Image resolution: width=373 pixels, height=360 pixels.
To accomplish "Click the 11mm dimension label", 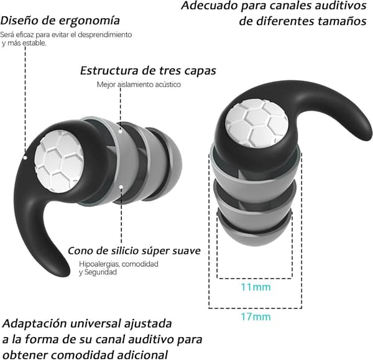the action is (x=256, y=287).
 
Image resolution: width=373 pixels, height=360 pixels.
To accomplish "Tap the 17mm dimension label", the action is (x=256, y=317).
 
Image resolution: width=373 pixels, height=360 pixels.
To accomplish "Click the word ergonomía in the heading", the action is (x=89, y=21).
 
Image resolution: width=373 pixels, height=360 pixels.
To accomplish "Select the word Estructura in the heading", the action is (x=109, y=70).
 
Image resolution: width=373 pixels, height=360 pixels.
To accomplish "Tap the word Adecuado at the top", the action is (x=210, y=6).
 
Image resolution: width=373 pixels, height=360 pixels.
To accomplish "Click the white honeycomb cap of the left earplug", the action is (x=59, y=161).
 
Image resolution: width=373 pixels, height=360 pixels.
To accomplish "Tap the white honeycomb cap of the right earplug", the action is (x=257, y=124).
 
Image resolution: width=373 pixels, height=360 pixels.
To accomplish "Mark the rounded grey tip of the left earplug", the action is (x=173, y=165).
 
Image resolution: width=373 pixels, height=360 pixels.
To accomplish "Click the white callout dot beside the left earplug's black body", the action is (x=25, y=157).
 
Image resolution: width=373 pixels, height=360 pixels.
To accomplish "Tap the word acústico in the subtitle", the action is (x=168, y=85).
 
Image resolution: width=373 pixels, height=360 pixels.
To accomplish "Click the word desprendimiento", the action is (x=104, y=35).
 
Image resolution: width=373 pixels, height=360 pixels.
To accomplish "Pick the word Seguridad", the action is (x=101, y=272).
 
